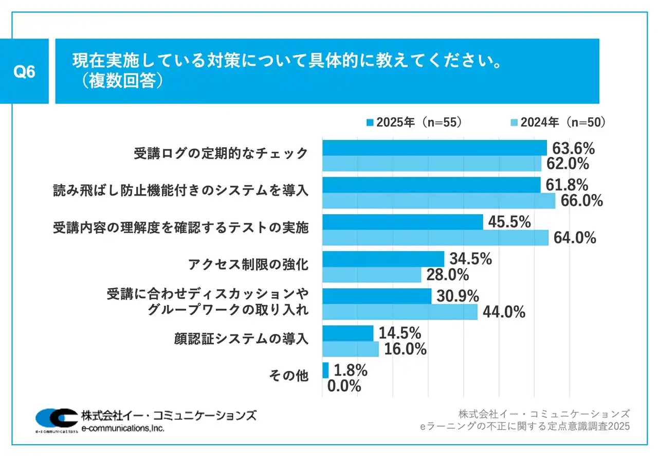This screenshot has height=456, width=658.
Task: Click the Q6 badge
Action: click(24, 72)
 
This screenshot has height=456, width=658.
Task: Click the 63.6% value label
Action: click(573, 149)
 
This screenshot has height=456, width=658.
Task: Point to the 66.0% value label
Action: click(581, 200)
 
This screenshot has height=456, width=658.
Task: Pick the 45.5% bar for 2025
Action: click(403, 222)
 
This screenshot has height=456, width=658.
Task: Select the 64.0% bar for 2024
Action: click(435, 237)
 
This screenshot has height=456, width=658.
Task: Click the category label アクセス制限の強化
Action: click(248, 265)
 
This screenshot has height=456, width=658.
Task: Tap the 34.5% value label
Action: click(470, 259)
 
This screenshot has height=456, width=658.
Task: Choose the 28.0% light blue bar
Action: click(372, 274)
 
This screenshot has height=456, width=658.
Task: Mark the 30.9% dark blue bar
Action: click(377, 296)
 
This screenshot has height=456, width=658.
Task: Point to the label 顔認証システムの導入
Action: click(242, 339)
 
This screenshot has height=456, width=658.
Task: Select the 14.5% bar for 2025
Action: click(348, 333)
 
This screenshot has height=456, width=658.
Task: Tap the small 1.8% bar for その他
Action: click(325, 370)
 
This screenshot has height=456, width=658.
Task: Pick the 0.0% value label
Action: click(344, 386)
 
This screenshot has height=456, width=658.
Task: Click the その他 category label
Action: click(288, 376)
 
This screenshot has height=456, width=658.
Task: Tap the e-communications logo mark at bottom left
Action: click(57, 420)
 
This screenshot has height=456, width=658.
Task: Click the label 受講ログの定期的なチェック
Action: click(221, 153)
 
